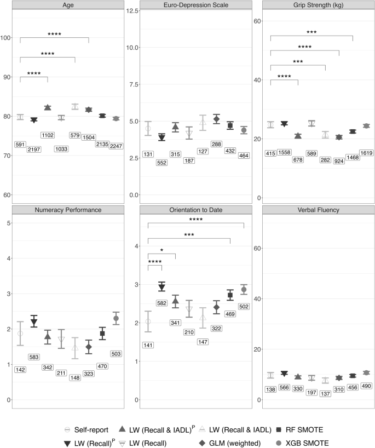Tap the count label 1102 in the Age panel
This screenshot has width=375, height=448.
tap(48, 135)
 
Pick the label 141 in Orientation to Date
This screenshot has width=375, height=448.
tap(148, 344)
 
